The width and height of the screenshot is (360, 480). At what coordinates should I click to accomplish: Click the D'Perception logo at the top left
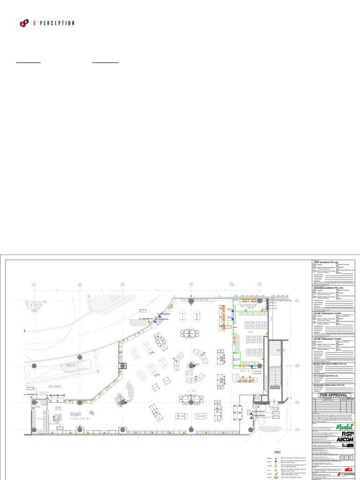point(47,22)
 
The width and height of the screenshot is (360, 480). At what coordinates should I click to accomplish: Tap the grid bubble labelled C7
point(34,285)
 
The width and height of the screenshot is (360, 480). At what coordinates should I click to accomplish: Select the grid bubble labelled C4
point(191,285)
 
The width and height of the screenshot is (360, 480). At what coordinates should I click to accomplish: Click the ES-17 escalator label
point(72,365)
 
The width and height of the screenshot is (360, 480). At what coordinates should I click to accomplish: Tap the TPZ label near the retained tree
point(34,311)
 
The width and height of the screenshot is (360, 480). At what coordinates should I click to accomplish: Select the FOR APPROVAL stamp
point(333,395)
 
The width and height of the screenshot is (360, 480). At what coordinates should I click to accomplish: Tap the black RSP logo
point(345,434)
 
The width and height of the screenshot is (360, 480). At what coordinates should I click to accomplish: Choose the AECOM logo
point(345,440)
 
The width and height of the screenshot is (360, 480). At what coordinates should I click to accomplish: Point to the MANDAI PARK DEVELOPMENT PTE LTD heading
point(330,364)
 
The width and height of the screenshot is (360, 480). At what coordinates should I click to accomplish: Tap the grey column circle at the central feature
point(191,365)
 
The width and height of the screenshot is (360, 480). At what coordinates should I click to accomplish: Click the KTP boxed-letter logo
point(344,457)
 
